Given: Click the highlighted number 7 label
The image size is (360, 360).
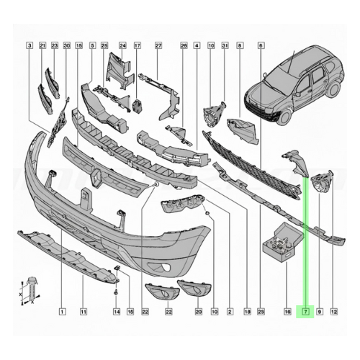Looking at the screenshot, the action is tap(306, 312).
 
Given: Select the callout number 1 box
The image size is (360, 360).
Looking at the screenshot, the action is tap(62, 312).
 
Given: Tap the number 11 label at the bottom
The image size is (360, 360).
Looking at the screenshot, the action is tap(83, 312).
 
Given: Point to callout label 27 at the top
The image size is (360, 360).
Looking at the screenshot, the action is tap(158, 45).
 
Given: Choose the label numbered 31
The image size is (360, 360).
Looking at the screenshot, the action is tap(225, 45).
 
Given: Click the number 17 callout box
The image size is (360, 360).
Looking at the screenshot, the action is tap(138, 45).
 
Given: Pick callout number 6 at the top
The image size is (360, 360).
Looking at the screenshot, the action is tap(261, 45).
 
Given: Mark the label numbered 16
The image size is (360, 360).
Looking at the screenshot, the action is tap(287, 312).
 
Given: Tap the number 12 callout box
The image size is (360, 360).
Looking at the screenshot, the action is tap(334, 312).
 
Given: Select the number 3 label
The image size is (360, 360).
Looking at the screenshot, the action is tap(30, 45).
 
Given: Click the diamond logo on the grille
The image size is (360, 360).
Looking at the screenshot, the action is tap(97, 177).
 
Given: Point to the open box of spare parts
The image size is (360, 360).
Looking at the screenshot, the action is tap(282, 242).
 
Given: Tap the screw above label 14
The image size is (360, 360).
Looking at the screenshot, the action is tap(117, 292).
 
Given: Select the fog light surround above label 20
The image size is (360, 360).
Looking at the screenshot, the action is tap(194, 289).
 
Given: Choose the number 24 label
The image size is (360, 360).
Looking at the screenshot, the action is tap(122, 45).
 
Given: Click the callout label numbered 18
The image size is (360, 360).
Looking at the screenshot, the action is tap(247, 312).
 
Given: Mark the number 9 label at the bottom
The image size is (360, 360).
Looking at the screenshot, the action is tap(320, 312).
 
